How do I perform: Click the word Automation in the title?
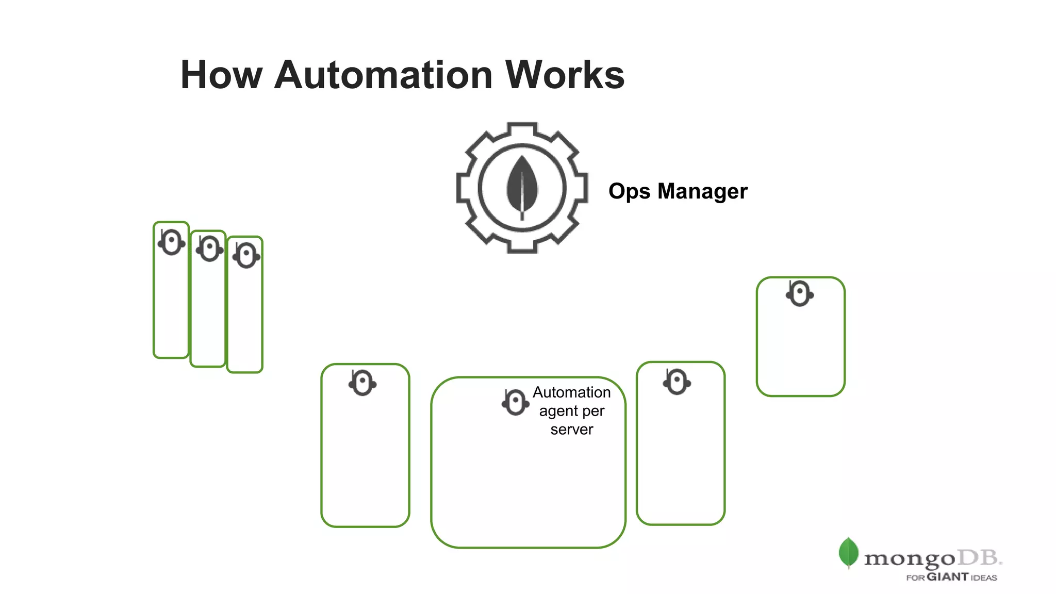point(384,75)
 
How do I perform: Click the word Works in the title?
point(565,75)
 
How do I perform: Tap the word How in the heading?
point(221,75)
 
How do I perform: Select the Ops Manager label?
point(678,191)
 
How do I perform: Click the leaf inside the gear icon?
point(522,187)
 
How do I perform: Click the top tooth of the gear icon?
point(522,129)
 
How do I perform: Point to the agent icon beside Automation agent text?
point(515,402)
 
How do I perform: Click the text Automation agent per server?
point(571,411)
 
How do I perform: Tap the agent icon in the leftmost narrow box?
point(172,242)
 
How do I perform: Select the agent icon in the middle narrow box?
point(209,249)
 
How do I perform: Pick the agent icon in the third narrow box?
point(246,255)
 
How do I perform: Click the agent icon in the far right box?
point(800,294)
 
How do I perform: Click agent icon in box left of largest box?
point(362,383)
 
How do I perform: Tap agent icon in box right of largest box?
point(677,382)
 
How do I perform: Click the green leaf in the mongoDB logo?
point(848,552)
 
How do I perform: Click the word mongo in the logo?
point(909,559)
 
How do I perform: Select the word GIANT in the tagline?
point(948,577)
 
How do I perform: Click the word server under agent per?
point(571,430)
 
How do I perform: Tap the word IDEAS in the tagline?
point(984,578)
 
